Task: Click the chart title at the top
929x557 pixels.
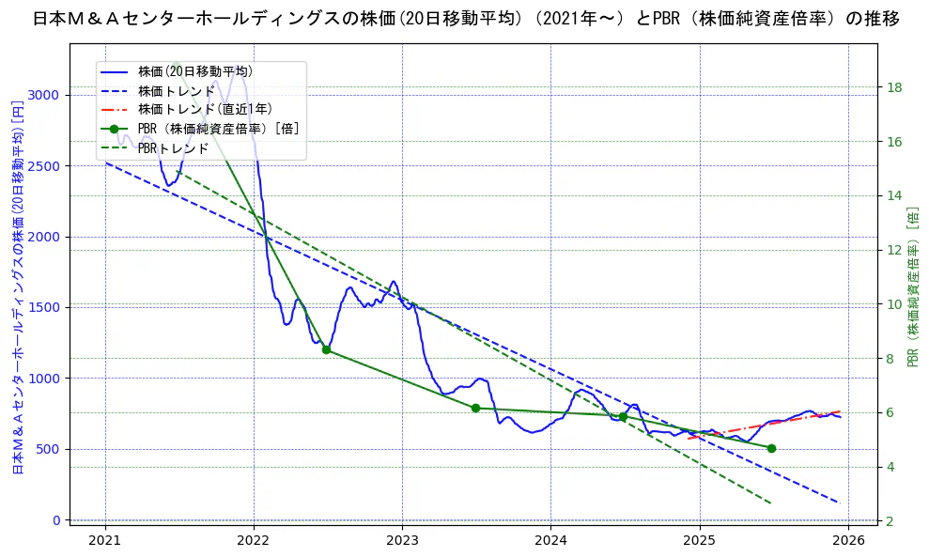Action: tap(465, 19)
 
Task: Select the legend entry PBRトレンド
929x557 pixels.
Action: tap(173, 148)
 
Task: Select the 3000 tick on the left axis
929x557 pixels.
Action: tap(45, 95)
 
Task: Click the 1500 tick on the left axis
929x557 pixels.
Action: tap(45, 307)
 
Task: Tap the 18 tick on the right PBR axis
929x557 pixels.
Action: tap(894, 87)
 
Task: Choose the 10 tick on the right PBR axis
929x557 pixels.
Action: tap(894, 304)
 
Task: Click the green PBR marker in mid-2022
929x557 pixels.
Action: tap(326, 349)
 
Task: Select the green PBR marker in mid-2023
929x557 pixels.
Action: tap(475, 408)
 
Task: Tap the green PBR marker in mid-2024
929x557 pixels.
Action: tap(623, 417)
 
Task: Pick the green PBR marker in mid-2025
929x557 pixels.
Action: tap(771, 448)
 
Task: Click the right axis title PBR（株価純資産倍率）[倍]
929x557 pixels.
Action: tap(912, 286)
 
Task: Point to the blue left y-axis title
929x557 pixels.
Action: tap(17, 286)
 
